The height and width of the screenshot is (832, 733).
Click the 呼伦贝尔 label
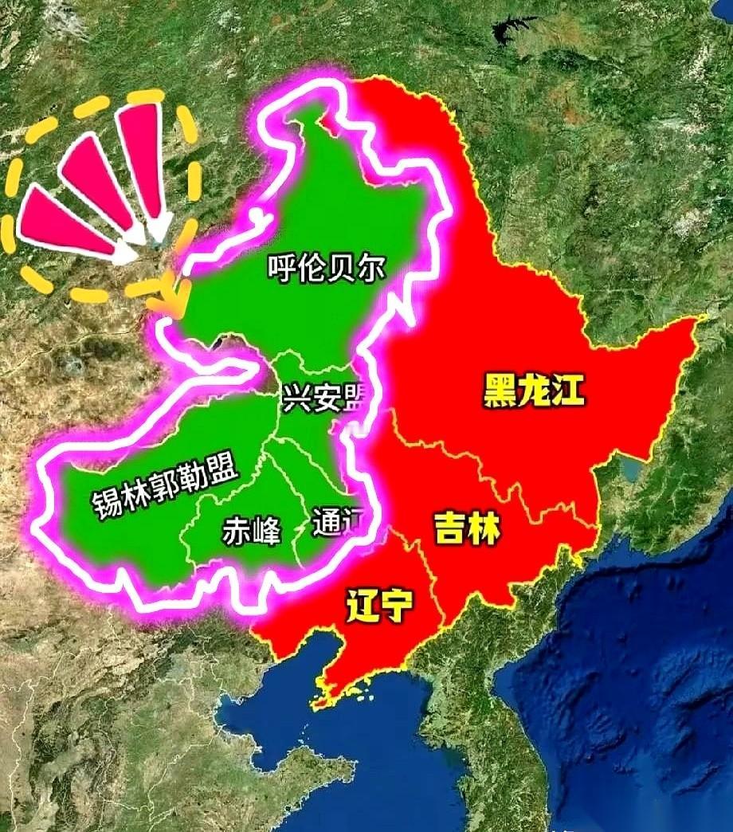pyautogui.click(x=326, y=268)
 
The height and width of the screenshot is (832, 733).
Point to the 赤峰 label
pyautogui.click(x=251, y=532)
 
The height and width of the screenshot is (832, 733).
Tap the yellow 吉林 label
pyautogui.click(x=467, y=528)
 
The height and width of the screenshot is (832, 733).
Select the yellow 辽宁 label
pyautogui.click(x=379, y=608)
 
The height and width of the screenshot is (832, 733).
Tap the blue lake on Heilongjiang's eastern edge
pyautogui.click(x=633, y=470)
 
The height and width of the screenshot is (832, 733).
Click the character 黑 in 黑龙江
pyautogui.click(x=500, y=391)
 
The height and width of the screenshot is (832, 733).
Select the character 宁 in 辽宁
pyautogui.click(x=396, y=608)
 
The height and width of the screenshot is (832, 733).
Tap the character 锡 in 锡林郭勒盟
pyautogui.click(x=106, y=504)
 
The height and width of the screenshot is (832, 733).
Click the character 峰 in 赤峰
pyautogui.click(x=267, y=532)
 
